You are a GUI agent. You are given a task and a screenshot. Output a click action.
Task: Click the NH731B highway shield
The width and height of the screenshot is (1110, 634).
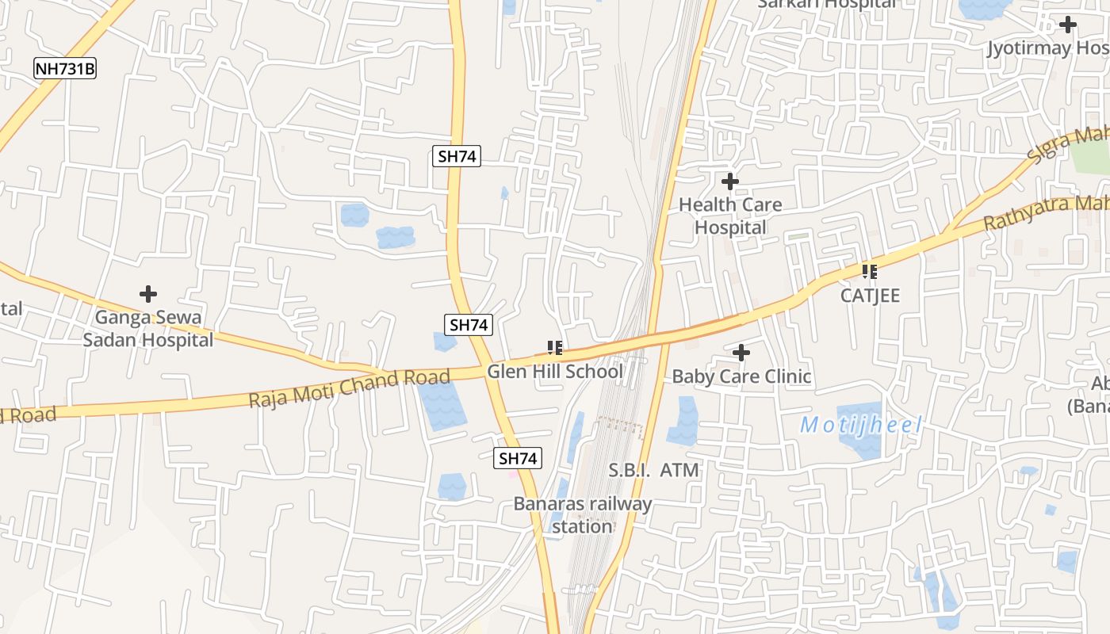[x=65, y=69]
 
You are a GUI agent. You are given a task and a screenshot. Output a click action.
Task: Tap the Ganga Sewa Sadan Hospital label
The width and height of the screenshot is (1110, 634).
[x=148, y=329]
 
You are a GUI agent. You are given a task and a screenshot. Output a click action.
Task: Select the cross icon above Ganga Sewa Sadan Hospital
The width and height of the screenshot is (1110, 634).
[x=148, y=294]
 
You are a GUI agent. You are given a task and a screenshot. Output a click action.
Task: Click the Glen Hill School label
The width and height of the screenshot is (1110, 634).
[x=554, y=371]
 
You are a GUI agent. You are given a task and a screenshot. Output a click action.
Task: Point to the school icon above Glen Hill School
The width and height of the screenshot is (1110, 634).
[x=555, y=347]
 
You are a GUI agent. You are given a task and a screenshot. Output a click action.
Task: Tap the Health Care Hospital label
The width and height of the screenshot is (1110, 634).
[x=730, y=216]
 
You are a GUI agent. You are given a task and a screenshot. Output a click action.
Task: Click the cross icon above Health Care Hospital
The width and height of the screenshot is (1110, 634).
[x=730, y=181]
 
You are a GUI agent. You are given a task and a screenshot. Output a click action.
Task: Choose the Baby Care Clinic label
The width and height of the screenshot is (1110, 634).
[x=741, y=376]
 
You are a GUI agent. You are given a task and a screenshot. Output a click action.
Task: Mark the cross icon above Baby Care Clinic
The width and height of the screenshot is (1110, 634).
[x=741, y=352]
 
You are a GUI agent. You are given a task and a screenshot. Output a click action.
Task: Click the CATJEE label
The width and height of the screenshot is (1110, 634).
[x=871, y=296]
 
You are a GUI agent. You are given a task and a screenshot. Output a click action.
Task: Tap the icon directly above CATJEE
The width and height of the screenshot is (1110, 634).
[x=870, y=272]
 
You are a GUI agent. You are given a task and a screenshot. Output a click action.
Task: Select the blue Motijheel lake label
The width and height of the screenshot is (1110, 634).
[x=861, y=426]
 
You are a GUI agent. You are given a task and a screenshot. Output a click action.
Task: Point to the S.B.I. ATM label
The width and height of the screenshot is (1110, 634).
[x=654, y=471]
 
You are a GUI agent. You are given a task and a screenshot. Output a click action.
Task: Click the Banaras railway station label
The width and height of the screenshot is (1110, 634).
[x=583, y=515]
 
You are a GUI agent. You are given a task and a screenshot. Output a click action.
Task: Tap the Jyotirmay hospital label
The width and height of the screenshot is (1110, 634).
[x=1047, y=48]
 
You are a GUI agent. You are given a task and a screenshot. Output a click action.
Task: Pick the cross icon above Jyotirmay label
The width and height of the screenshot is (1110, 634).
[x=1068, y=25]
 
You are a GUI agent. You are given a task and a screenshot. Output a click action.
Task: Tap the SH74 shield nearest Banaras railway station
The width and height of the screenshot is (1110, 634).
[x=519, y=458]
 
